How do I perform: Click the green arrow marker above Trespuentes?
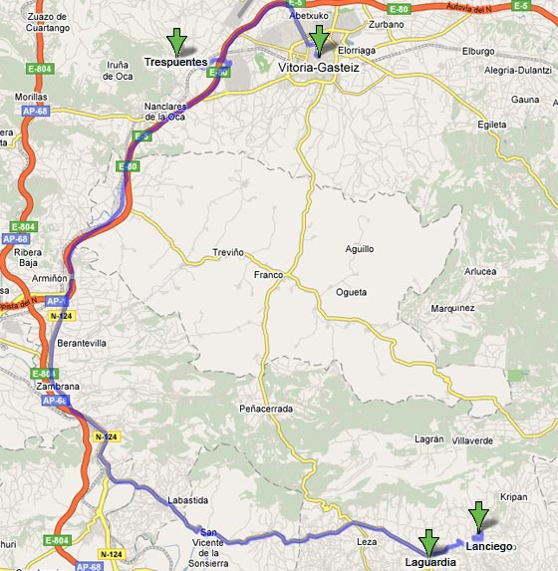coord(176,41)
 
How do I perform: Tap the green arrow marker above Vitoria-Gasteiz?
coord(319,41)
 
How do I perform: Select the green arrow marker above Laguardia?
coord(429,543)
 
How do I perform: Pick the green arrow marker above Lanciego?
coord(479,516)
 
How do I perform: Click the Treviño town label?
coord(227,253)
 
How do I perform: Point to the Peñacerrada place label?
coord(266,409)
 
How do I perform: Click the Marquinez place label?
coord(452,308)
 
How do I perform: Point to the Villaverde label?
coord(473,439)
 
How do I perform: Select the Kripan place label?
coord(513,496)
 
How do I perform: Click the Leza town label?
coord(367,541)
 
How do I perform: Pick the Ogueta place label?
coord(350,292)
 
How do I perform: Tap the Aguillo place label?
coord(359,248)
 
